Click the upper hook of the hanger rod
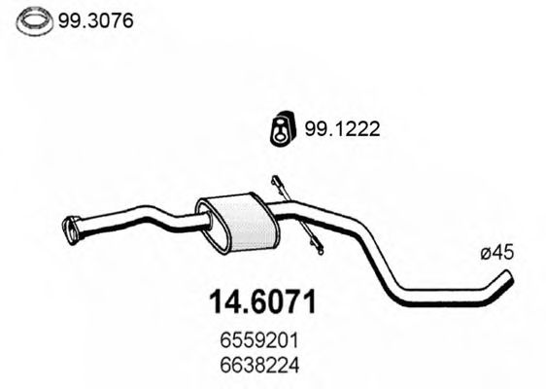(x=277, y=182)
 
